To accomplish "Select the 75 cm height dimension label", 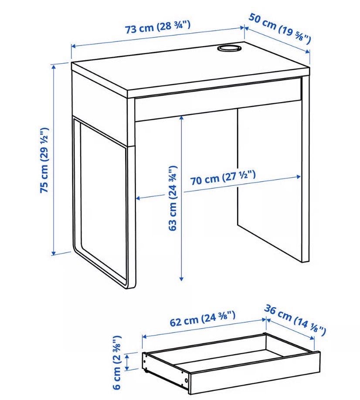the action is coord(44,160).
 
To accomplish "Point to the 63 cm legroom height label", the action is coord(173,198).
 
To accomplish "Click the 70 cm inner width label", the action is coord(223,178).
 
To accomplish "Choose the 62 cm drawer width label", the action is coord(202,318).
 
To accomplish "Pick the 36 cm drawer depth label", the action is coord(295,320).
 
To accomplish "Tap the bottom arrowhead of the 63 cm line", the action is coord(181,278).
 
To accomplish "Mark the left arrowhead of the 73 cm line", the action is coord(73,46).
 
